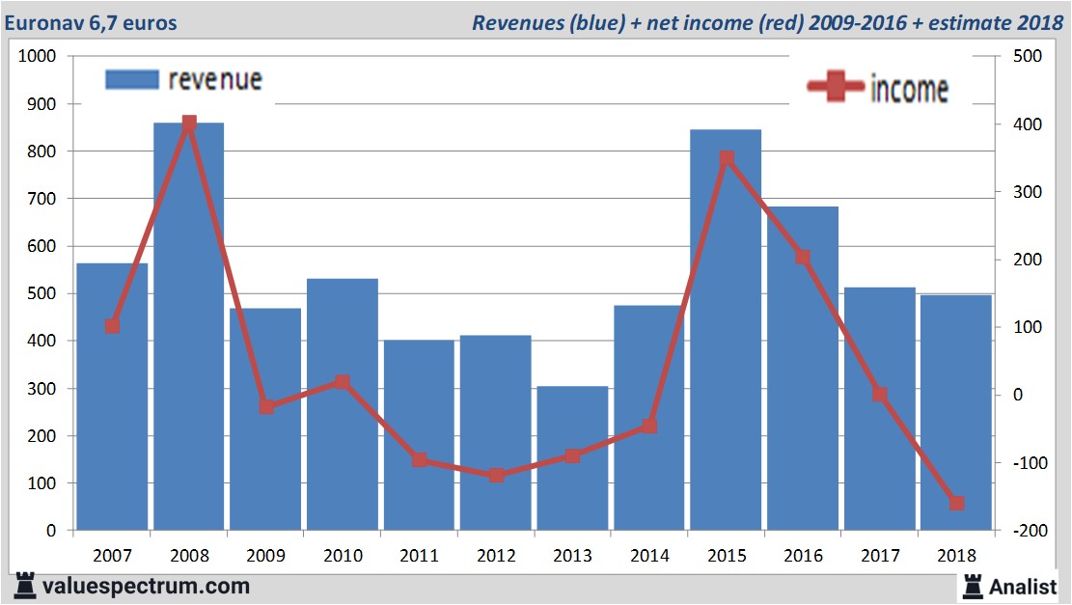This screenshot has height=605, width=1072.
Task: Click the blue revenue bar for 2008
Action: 189,328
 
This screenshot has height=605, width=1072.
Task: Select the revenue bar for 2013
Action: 572,458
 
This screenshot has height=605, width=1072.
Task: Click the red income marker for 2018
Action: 956,503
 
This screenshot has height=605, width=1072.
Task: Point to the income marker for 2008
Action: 189,124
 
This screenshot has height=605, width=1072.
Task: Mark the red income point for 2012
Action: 496,475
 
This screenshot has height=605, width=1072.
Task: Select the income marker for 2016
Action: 803,258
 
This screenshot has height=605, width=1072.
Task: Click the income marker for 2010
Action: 343,382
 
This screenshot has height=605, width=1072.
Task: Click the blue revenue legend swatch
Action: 131,80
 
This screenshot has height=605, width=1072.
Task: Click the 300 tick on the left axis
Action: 44,389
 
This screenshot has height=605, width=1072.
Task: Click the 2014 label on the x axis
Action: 649,556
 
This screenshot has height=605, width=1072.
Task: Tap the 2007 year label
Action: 112,556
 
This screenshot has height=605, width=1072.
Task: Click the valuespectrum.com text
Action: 145,586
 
